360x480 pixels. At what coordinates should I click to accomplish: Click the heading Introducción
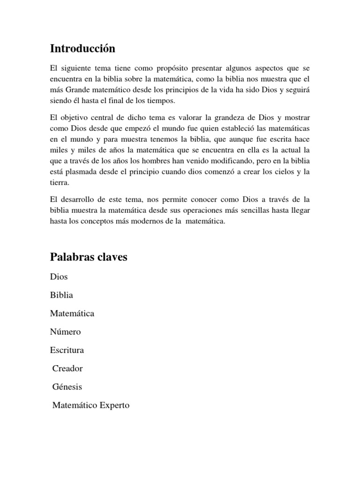[82, 48]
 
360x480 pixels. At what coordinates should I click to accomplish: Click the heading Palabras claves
[89, 257]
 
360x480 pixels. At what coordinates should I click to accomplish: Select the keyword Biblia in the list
[61, 295]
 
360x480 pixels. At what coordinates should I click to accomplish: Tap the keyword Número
[65, 331]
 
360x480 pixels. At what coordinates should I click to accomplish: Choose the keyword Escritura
[67, 350]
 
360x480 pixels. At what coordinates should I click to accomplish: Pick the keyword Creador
[67, 368]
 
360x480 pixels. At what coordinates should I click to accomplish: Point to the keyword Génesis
[67, 387]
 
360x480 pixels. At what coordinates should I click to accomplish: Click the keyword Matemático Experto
[91, 405]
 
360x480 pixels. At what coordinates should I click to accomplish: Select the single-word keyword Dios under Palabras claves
[59, 277]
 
